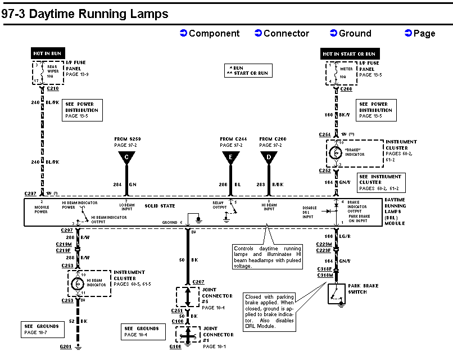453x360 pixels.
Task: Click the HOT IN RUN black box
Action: click(x=47, y=53)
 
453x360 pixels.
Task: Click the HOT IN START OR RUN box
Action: click(x=348, y=54)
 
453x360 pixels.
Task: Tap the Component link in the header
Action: click(x=210, y=33)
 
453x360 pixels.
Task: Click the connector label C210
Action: click(x=53, y=88)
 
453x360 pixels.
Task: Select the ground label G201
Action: click(x=66, y=347)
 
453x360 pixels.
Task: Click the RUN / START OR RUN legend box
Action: click(x=247, y=70)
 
